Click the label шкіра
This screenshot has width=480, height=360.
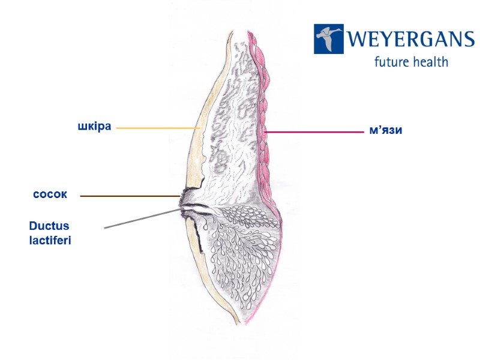(x=95, y=127)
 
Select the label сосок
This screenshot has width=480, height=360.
(x=50, y=195)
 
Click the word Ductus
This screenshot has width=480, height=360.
(x=49, y=226)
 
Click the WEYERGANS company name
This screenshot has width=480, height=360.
(x=410, y=40)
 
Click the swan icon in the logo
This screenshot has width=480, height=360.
(x=329, y=39)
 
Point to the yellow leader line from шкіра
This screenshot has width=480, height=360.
(x=156, y=128)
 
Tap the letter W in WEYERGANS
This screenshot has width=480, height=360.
(x=358, y=40)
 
